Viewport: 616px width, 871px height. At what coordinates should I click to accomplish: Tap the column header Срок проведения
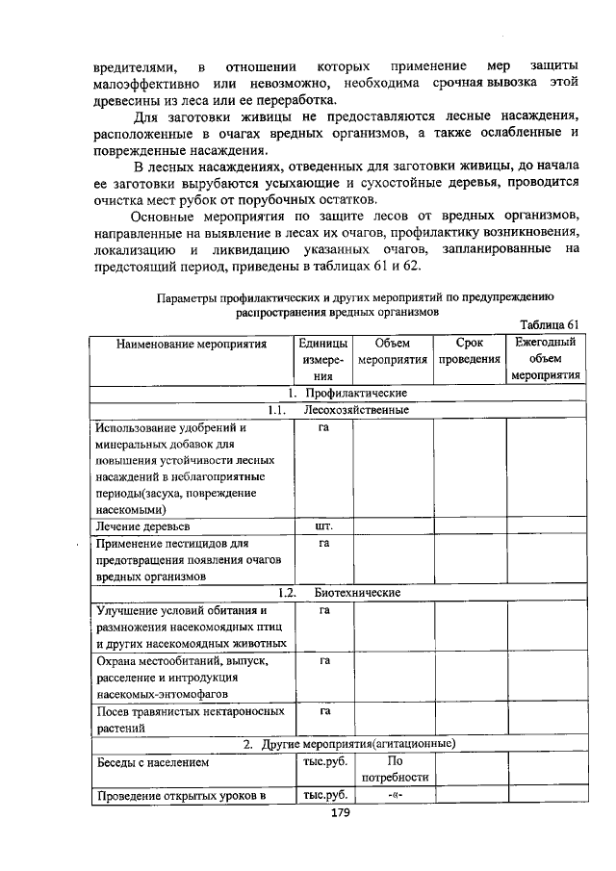pos(470,351)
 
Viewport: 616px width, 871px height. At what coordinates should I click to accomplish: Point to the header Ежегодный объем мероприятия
pos(545,359)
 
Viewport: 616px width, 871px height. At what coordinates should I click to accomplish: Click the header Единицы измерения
pos(323,359)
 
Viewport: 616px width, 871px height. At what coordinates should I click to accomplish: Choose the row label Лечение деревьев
pos(142,526)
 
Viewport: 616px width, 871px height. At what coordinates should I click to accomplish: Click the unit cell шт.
pos(324,526)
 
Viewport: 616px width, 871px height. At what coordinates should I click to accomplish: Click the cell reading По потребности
pos(392,769)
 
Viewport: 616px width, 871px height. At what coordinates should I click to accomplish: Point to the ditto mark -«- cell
pos(392,795)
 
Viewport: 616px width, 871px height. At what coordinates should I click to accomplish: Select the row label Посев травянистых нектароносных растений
pos(190,720)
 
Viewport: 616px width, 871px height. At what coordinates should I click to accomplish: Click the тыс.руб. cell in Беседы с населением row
pos(324,762)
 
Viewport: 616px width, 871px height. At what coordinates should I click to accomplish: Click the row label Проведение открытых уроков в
pos(177,795)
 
